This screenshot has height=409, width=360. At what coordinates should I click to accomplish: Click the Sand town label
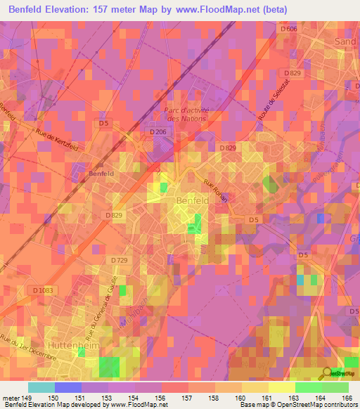[347, 41]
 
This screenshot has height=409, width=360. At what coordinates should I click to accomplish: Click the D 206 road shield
[157, 131]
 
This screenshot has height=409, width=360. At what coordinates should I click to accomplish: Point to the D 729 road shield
[120, 260]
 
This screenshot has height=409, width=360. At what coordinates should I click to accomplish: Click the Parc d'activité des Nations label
[186, 114]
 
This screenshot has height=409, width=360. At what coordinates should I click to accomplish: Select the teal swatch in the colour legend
[41, 387]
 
